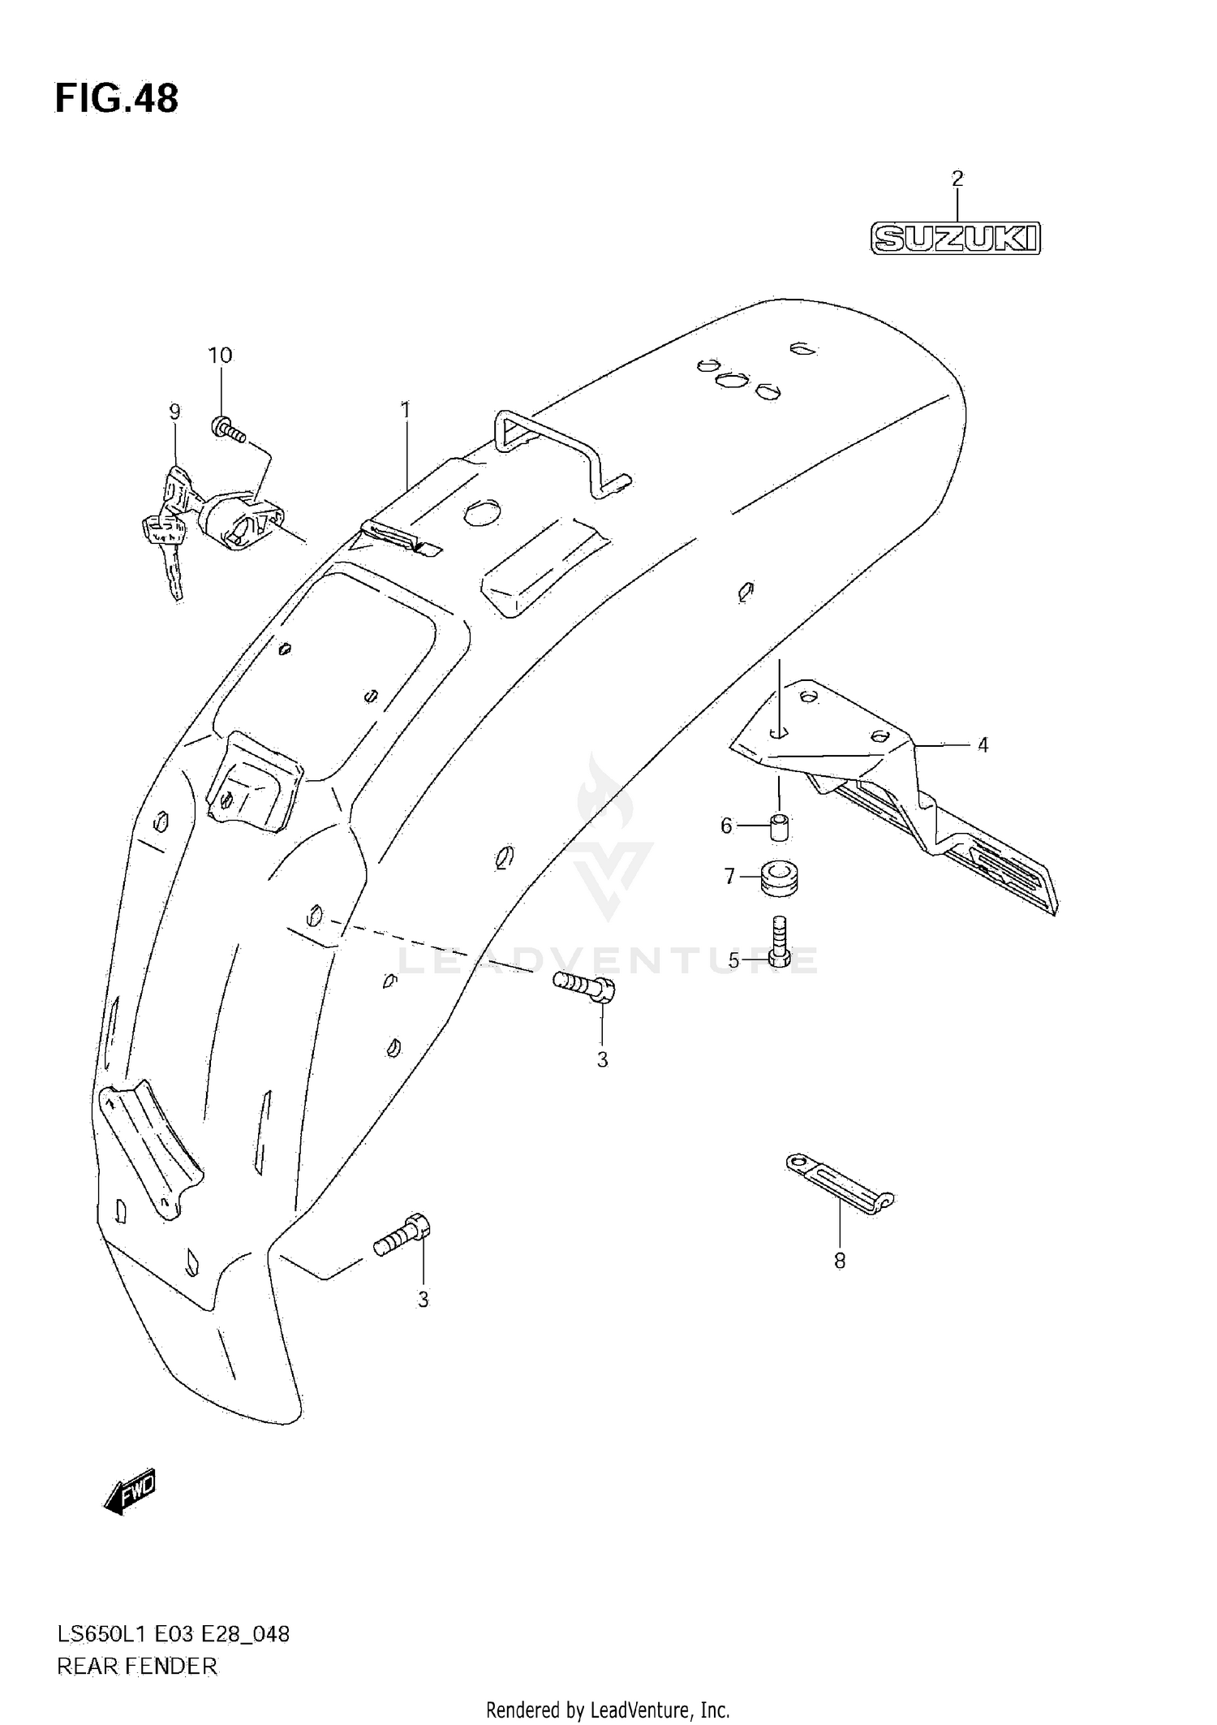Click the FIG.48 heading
click(116, 99)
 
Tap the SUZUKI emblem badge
click(956, 239)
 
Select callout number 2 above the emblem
click(957, 179)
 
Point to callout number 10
click(220, 356)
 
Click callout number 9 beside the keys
click(174, 412)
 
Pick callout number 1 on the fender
click(406, 410)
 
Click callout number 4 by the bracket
click(983, 744)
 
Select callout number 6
click(726, 826)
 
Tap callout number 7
click(729, 877)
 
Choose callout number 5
click(733, 960)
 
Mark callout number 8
click(840, 1261)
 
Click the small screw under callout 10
click(230, 430)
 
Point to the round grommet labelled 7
click(780, 878)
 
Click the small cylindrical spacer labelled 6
click(779, 826)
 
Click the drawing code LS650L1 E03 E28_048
click(173, 1634)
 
